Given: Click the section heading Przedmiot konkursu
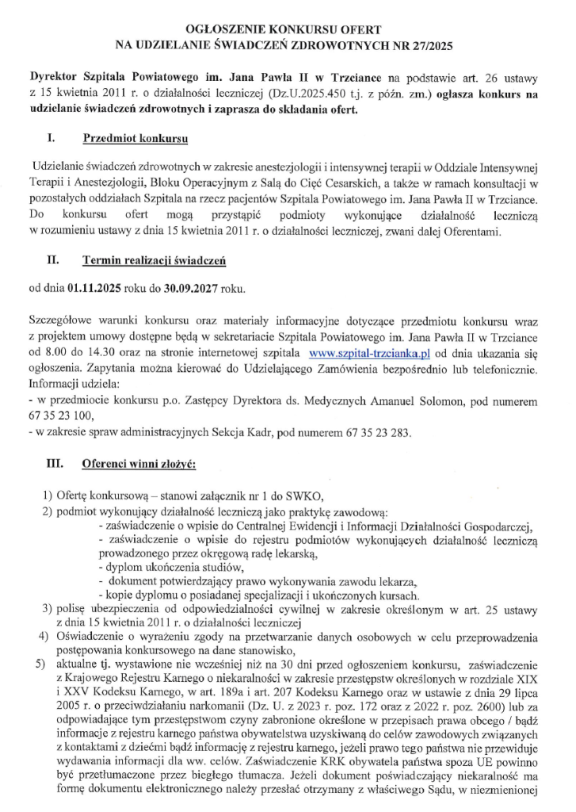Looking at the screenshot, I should point(135,139).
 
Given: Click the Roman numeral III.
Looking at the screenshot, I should point(55,462).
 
